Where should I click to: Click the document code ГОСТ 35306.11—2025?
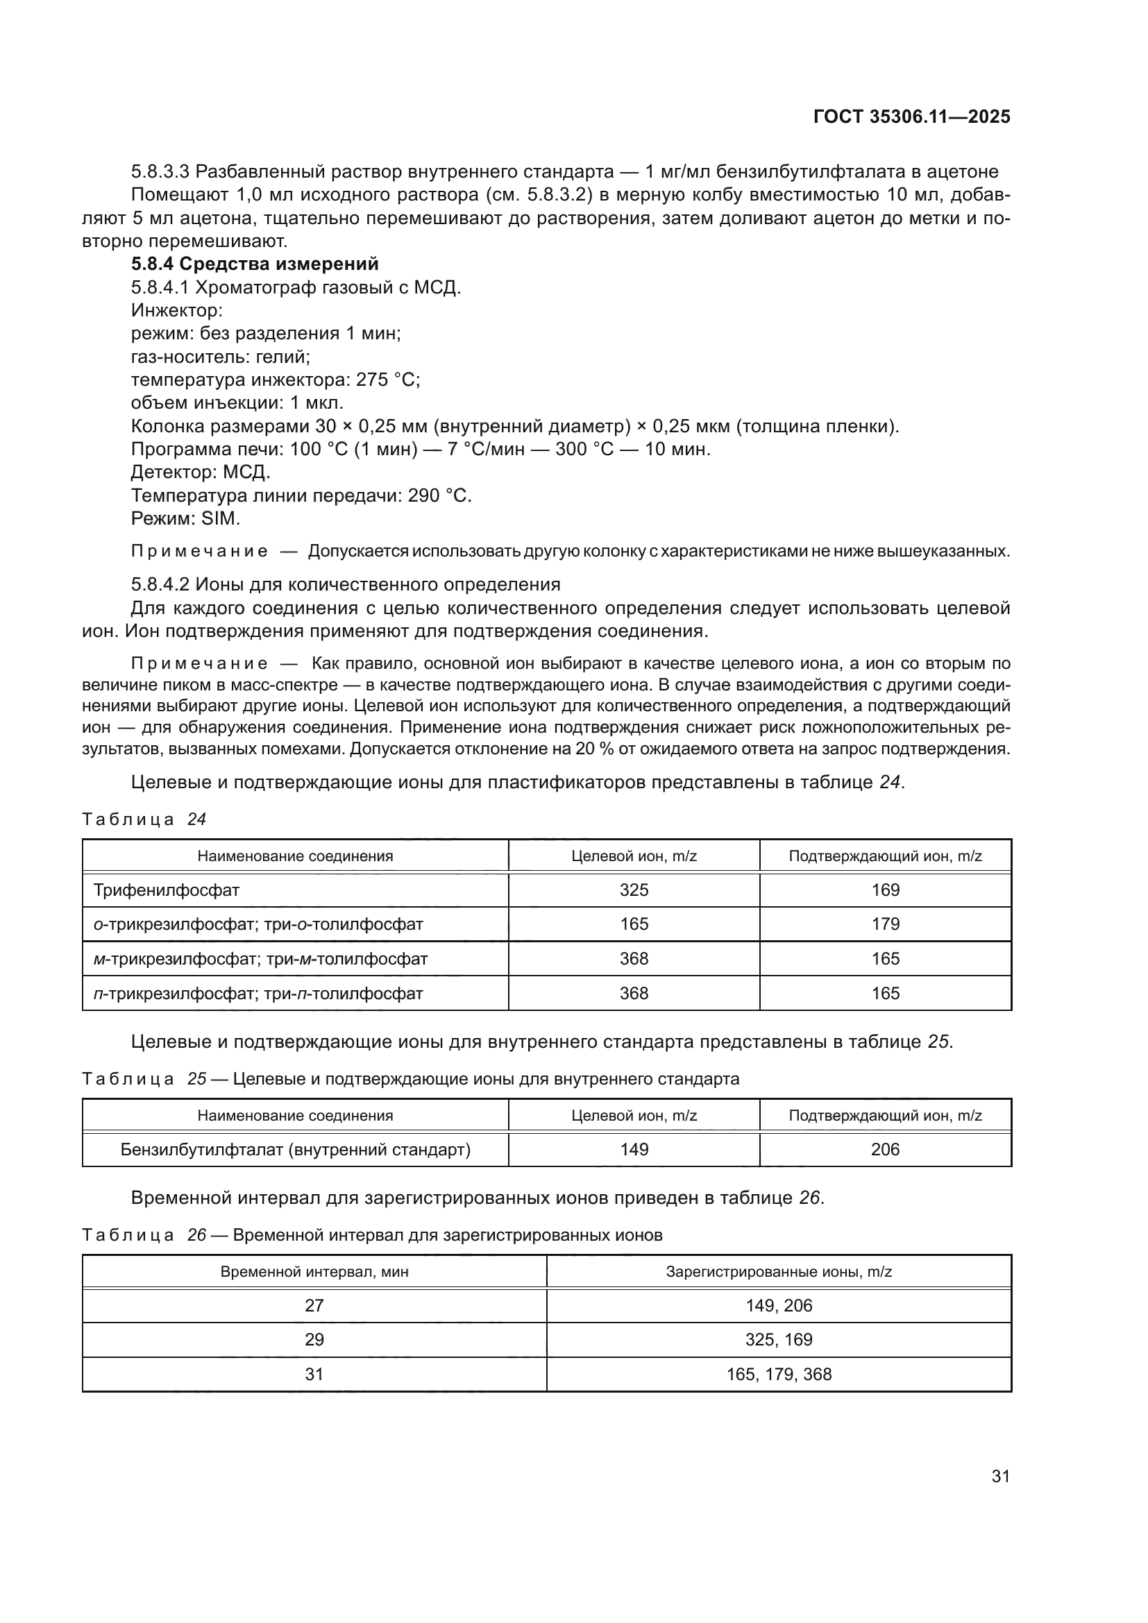tap(911, 117)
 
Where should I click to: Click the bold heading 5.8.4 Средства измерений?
tap(255, 264)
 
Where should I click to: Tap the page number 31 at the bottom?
tap(1000, 1476)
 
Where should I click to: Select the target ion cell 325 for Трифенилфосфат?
tap(634, 890)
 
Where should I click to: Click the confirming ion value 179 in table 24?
tap(885, 924)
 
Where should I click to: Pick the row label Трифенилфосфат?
tap(166, 890)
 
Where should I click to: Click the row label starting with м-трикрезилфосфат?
tap(260, 958)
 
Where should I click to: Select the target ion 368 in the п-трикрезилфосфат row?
tap(634, 993)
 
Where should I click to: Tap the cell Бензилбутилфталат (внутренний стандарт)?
tap(295, 1149)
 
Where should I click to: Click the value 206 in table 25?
tap(885, 1149)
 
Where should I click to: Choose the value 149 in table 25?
tap(634, 1149)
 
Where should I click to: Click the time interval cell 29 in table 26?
tap(314, 1339)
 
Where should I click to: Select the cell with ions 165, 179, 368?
tap(778, 1374)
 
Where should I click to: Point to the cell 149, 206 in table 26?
tap(778, 1305)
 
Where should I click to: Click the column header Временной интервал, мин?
tap(314, 1272)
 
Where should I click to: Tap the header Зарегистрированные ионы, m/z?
tap(778, 1272)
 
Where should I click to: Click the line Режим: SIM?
tap(185, 518)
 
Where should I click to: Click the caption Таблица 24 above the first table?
tap(144, 819)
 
